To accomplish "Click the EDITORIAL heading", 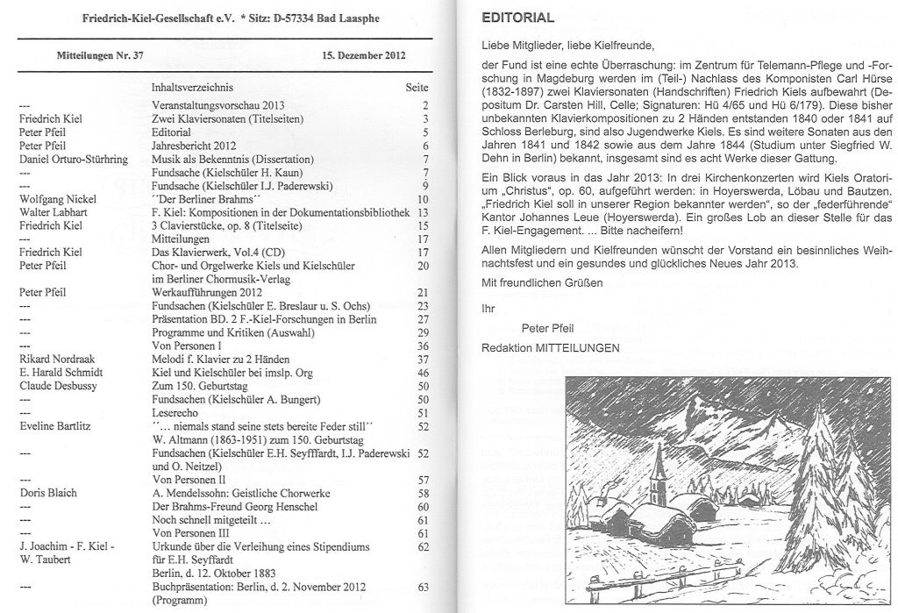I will [518, 18].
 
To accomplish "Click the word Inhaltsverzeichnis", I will [195, 88].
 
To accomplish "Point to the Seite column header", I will [417, 88].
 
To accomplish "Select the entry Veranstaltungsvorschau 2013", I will [217, 104].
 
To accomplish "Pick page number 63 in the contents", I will [423, 587].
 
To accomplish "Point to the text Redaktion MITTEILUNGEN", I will [550, 348].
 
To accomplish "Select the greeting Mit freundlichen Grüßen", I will [542, 282].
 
